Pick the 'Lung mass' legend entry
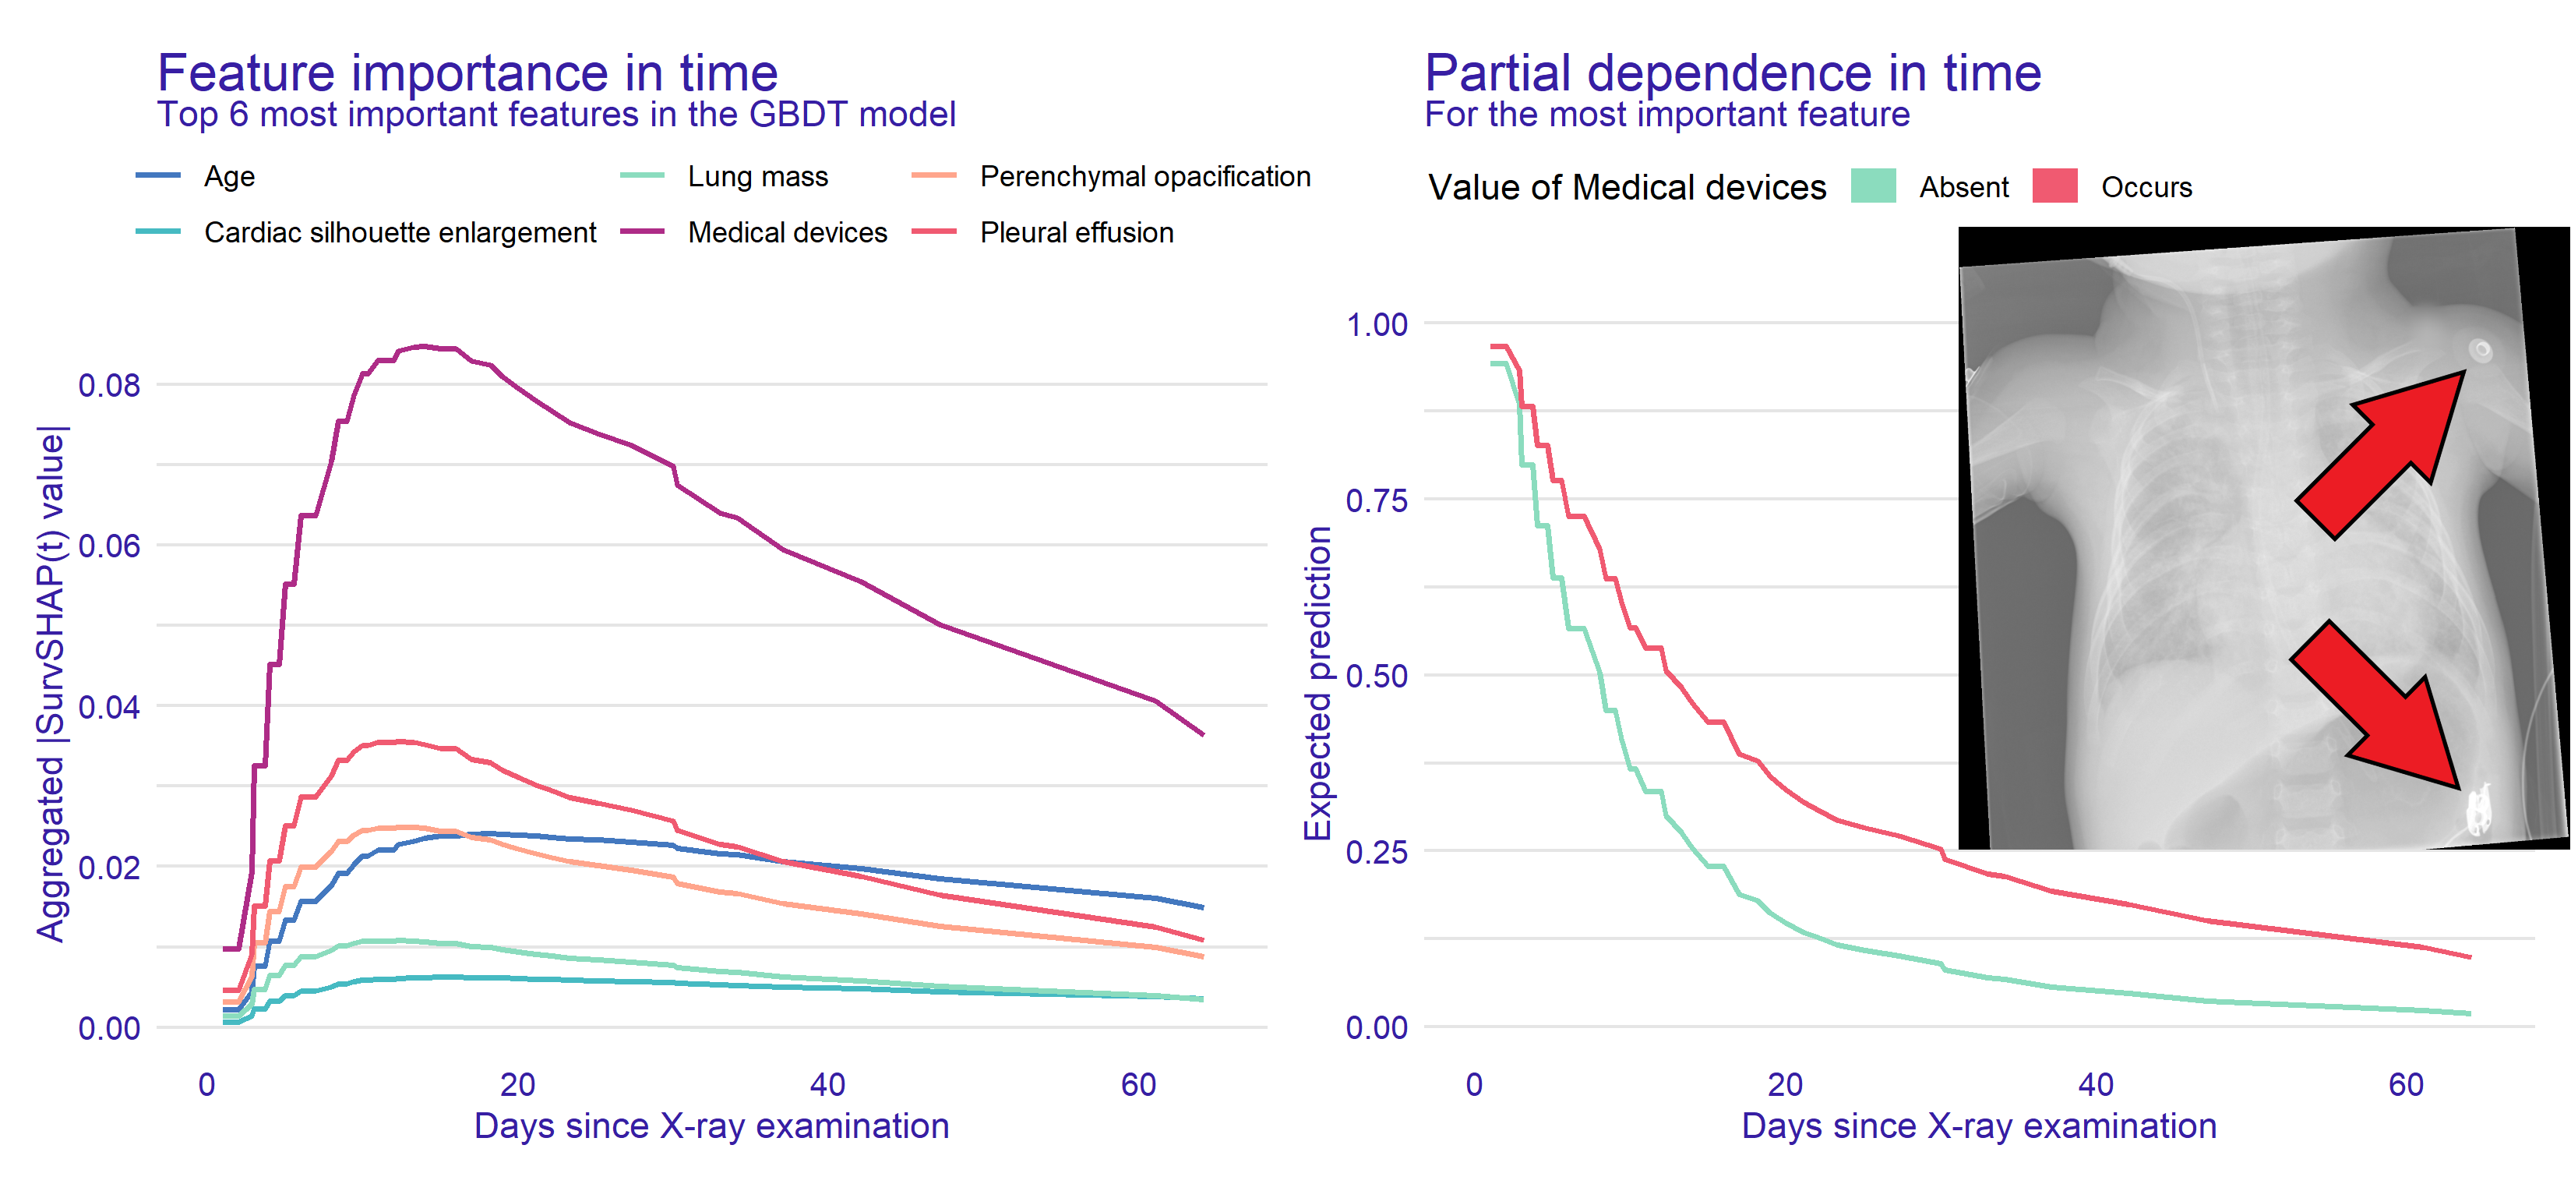pos(757,177)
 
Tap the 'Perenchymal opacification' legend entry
pos(1144,177)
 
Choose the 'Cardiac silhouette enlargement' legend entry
pos(399,232)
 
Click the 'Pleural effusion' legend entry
pos(1076,232)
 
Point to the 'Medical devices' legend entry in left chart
pos(786,232)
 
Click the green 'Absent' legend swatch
pos(1874,187)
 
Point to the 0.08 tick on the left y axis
pos(109,385)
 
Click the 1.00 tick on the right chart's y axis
pos(1377,324)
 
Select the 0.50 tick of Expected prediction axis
pos(1377,676)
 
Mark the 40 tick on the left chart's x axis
pos(827,1084)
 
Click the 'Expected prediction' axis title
pos(1318,683)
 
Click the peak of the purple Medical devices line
pos(423,346)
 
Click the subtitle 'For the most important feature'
pos(1666,115)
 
